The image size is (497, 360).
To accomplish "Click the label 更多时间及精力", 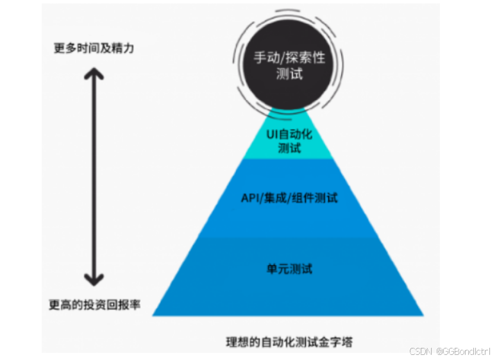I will click(x=94, y=48).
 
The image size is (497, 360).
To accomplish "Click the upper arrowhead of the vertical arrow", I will click(x=95, y=72).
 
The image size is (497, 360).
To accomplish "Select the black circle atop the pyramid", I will click(x=289, y=67).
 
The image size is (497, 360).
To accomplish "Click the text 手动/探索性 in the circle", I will click(x=289, y=58).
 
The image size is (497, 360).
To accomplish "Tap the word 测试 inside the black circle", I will click(x=289, y=74).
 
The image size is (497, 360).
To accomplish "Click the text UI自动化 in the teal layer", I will click(x=289, y=135).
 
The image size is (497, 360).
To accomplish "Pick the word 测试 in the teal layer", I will click(x=289, y=149).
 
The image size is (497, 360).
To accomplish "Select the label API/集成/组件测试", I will click(x=289, y=198).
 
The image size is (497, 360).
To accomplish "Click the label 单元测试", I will click(x=289, y=268).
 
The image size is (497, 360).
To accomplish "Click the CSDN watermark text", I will click(x=421, y=351).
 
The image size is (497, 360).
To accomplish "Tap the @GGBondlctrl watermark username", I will click(x=462, y=351).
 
